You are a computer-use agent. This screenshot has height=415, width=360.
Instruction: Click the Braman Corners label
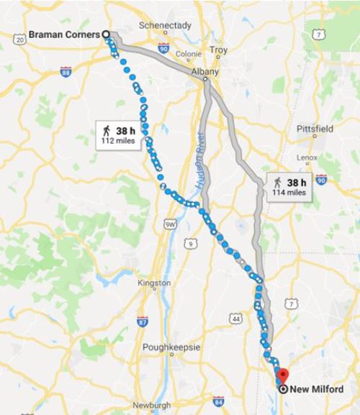coord(63,33)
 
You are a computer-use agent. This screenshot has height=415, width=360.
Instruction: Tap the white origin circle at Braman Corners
coord(107,33)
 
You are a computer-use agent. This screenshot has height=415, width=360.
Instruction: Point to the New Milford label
coord(317,388)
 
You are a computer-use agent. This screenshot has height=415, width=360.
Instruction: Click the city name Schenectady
coord(165,25)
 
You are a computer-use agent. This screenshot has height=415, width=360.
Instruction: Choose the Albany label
coord(204,72)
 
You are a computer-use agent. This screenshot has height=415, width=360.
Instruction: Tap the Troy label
coord(218,50)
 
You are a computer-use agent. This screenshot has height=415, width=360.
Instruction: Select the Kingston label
coord(154,283)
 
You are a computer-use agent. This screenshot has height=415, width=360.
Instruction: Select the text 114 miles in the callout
coord(291,192)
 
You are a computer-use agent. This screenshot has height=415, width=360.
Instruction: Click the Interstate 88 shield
coord(66,71)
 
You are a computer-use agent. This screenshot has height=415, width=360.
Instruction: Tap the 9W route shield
coord(170,224)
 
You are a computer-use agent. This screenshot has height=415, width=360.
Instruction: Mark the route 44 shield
coord(236,317)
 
